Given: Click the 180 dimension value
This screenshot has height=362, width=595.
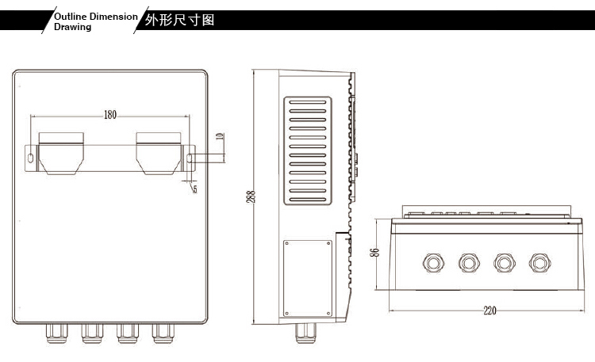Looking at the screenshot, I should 109,115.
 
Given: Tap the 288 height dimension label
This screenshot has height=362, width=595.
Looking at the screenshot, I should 251,196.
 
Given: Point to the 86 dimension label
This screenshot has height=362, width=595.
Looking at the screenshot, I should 375,252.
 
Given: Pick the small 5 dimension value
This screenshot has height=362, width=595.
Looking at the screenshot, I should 194,189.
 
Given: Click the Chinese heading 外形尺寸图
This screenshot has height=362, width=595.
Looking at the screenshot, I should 180,20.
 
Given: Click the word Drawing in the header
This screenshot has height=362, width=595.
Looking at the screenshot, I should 72,27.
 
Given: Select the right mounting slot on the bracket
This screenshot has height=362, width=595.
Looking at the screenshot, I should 190,158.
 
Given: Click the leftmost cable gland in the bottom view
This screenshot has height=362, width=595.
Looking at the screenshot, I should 433,262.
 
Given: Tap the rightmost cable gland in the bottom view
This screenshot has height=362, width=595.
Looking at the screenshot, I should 540,262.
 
